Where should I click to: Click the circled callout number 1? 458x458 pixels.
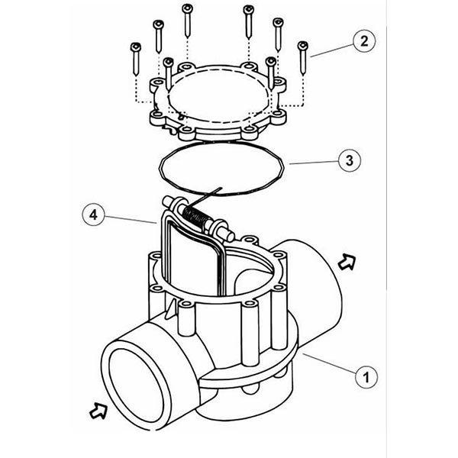coord(366,376)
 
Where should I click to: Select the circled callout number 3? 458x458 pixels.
coord(347,162)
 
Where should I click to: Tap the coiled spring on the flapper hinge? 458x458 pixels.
coord(200,217)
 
